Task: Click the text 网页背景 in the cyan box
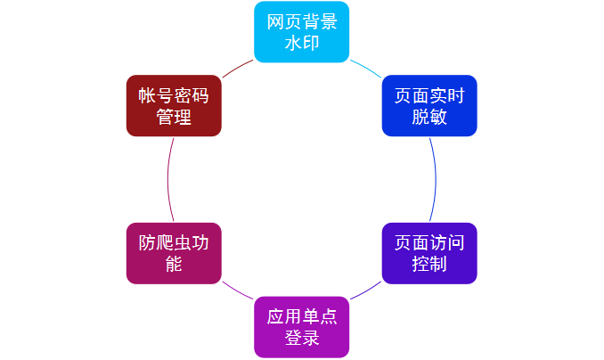(301, 22)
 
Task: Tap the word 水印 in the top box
(301, 43)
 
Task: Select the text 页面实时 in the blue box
(429, 95)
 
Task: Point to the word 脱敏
(429, 117)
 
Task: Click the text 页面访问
(429, 243)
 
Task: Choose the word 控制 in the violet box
(429, 265)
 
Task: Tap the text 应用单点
(301, 317)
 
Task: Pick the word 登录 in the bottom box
(301, 339)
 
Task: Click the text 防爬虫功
(174, 243)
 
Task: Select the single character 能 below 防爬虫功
(174, 265)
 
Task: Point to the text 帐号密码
(174, 95)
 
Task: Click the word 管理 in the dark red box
(174, 117)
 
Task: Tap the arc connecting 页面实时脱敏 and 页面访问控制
(436, 179)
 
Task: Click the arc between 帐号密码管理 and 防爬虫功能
(167, 179)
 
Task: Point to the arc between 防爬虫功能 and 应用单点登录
(237, 292)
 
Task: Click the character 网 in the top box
(275, 22)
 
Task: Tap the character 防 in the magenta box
(147, 243)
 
